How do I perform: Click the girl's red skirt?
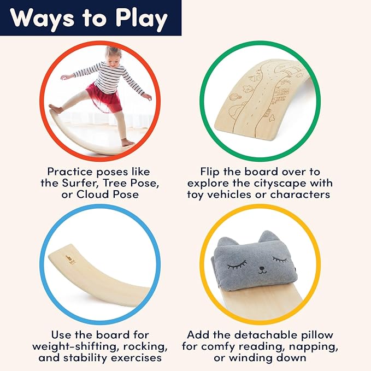point(104,97)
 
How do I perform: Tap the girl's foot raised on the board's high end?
point(56,109)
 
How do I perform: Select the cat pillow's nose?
point(262,268)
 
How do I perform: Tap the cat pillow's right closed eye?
point(280,258)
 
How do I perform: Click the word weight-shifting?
point(74,347)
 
